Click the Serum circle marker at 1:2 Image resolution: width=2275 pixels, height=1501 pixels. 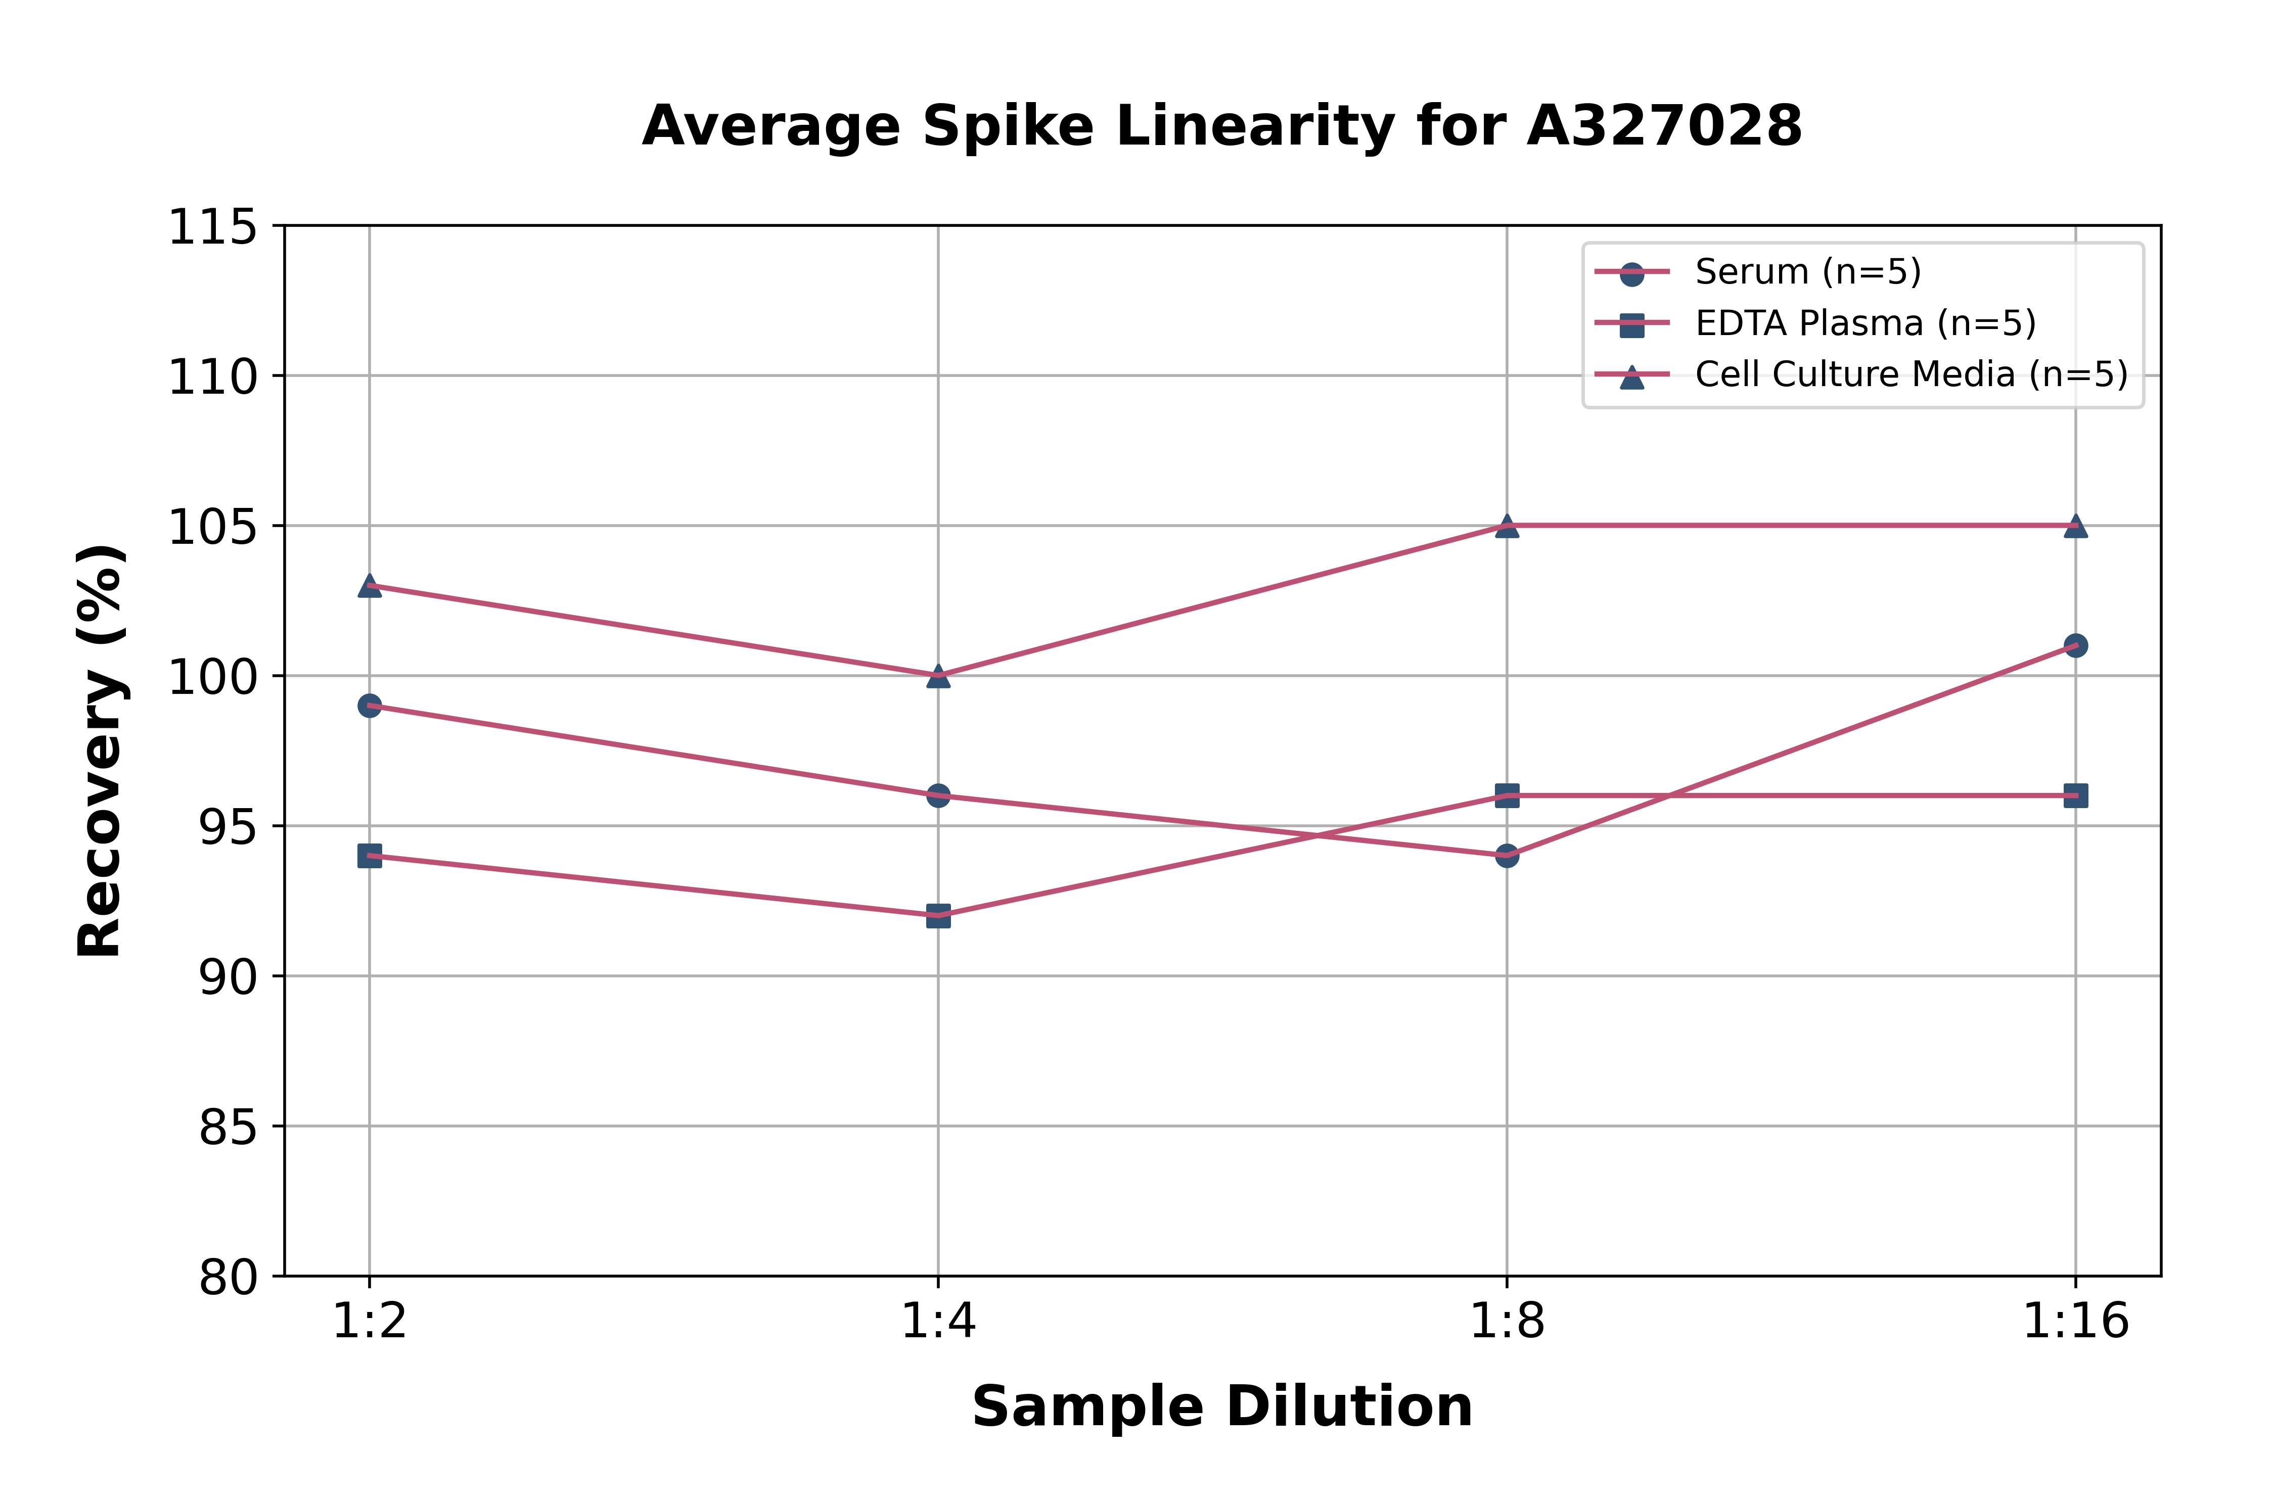pos(370,706)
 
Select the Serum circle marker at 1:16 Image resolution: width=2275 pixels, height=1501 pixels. pos(2075,645)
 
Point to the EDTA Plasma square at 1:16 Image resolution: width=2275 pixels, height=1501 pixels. pos(2075,795)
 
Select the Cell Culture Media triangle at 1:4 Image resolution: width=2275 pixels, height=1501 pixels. pos(938,676)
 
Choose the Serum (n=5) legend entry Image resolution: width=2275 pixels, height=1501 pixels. pos(1807,272)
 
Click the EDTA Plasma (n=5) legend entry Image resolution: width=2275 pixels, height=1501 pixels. pos(1864,323)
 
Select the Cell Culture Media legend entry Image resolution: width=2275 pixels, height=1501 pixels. pos(1910,374)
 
